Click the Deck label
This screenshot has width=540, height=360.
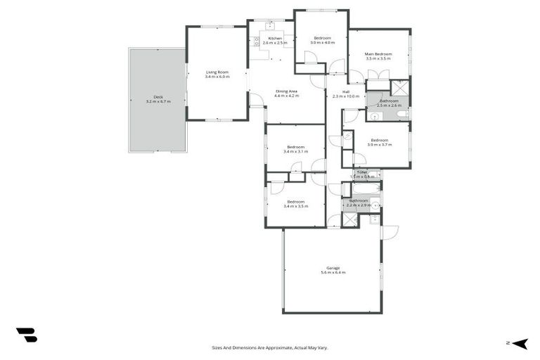(x=157, y=97)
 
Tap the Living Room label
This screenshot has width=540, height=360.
(x=217, y=72)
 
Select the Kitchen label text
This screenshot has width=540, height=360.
(x=274, y=38)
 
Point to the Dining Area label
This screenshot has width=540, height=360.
(x=286, y=91)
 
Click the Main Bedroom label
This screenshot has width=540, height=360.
(x=378, y=54)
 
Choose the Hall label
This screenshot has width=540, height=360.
(x=346, y=91)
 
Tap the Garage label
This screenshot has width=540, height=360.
(x=333, y=268)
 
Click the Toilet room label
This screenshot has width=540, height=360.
(x=362, y=172)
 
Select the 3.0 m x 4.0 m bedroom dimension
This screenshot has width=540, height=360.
(x=322, y=43)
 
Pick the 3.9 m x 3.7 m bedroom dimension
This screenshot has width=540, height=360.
(x=379, y=144)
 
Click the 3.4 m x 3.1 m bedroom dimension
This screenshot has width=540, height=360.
(x=295, y=151)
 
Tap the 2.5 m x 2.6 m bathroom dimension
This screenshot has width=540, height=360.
(x=389, y=105)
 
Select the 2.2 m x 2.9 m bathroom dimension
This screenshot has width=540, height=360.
(x=358, y=205)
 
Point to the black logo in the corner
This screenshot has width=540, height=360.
(x=26, y=335)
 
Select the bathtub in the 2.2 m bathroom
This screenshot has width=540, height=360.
(x=365, y=188)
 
